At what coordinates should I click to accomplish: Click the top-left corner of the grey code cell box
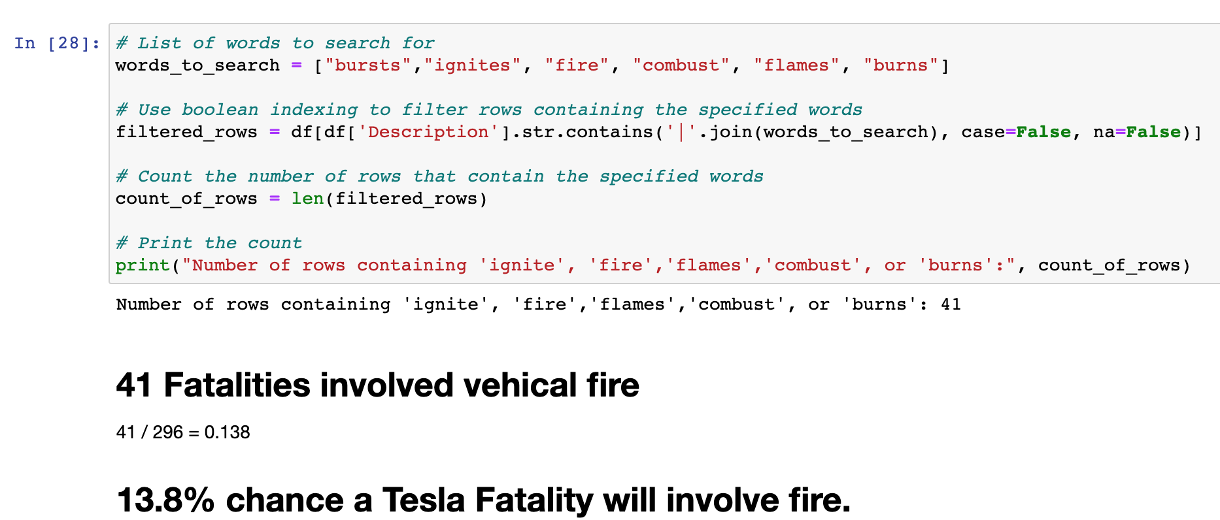coord(109,24)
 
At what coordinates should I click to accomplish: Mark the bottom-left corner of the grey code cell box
coord(109,284)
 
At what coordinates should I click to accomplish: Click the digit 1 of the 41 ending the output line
coord(956,304)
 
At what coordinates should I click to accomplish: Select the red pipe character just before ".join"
coord(681,132)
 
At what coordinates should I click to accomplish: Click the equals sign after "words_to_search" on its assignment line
coord(297,65)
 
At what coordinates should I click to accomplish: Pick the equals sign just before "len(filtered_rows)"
coord(275,199)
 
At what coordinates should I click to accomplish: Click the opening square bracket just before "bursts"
coord(318,66)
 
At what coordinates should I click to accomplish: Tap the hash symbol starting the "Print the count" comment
coord(121,243)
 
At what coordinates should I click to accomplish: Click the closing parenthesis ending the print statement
coord(1187,266)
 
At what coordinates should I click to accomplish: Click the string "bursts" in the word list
coord(367,65)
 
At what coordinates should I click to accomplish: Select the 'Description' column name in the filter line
coord(428,132)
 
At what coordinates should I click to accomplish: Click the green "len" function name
coord(308,199)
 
